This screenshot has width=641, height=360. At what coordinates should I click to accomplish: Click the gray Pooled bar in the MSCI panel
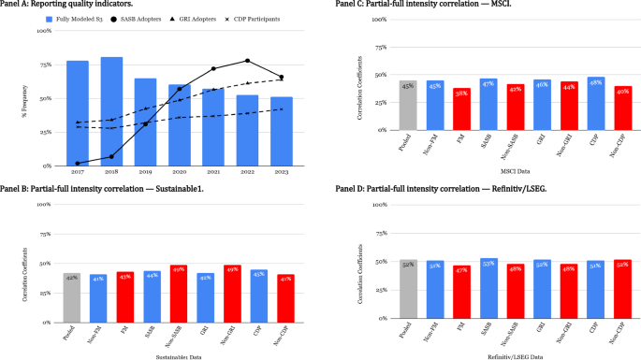click(407, 105)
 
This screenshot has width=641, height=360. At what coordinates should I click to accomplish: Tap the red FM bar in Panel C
click(461, 108)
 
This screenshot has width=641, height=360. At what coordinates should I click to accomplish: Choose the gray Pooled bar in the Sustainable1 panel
click(71, 296)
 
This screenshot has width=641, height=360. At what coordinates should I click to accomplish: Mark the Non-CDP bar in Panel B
click(286, 297)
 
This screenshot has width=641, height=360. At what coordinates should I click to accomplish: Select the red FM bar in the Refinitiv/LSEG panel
click(461, 292)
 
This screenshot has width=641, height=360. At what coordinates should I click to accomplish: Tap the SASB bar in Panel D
click(488, 288)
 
